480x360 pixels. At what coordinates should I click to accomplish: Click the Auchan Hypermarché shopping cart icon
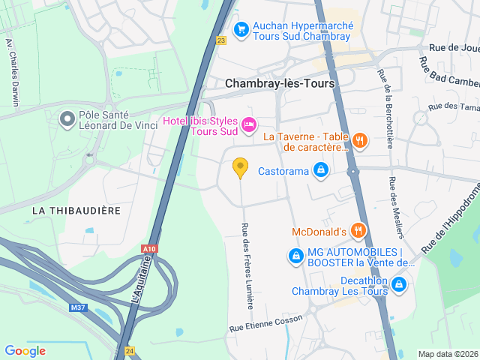click(x=241, y=29)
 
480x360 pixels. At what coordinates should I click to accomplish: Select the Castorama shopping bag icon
click(x=321, y=170)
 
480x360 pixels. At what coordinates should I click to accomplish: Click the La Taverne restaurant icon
click(x=360, y=139)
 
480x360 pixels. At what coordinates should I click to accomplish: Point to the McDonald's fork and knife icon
click(x=359, y=230)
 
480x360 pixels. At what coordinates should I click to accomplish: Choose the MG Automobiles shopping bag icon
click(x=295, y=256)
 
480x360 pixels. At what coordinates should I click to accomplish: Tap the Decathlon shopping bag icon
click(x=398, y=284)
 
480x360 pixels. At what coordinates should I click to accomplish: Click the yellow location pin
click(x=240, y=167)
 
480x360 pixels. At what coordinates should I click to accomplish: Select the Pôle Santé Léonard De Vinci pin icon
click(x=67, y=118)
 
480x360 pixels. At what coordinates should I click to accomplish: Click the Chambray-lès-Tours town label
click(x=280, y=84)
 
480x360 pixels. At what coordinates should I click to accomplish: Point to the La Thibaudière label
click(x=76, y=211)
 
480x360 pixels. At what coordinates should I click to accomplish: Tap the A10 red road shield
click(x=149, y=248)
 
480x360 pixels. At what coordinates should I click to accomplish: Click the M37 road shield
click(x=77, y=307)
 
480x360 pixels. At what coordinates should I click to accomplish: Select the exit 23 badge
click(x=220, y=40)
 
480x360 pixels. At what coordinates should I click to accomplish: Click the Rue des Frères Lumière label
click(x=247, y=266)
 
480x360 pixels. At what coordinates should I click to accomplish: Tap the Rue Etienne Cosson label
click(x=265, y=323)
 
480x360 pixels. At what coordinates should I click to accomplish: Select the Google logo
click(x=25, y=350)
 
